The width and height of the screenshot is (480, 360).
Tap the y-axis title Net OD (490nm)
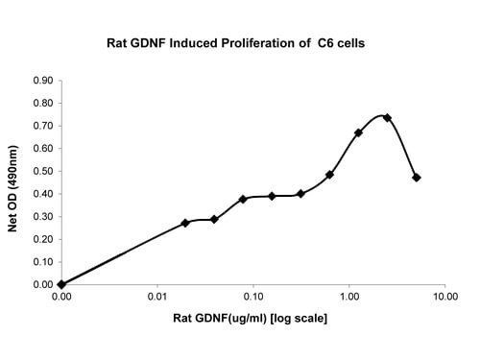tap(12, 188)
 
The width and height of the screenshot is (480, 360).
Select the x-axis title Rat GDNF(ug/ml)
tap(220, 318)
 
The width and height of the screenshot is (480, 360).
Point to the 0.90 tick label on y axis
tap(43, 81)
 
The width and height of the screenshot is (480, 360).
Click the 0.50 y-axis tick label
tap(43, 171)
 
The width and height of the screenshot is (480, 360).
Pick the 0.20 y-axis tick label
tap(43, 239)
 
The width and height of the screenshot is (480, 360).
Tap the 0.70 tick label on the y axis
tap(43, 126)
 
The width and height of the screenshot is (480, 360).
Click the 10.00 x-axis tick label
tap(445, 297)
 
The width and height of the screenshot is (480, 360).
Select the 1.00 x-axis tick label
tap(349, 297)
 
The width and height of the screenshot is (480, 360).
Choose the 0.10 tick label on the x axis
tap(253, 297)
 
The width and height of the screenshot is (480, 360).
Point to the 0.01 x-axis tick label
tap(157, 297)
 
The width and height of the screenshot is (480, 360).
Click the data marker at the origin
tap(61, 284)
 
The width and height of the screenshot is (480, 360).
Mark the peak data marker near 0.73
tap(388, 118)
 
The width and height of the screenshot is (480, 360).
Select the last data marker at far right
tap(417, 178)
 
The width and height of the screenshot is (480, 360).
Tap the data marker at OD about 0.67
tap(358, 132)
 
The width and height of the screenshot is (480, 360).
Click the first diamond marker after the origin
tap(185, 223)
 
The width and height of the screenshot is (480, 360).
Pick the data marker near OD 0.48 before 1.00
tap(329, 175)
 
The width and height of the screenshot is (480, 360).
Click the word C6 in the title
tap(325, 43)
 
